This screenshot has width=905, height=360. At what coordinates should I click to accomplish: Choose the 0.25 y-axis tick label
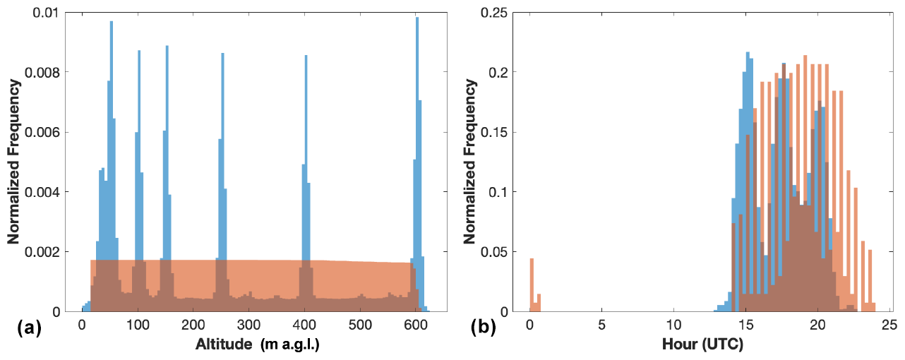(507, 13)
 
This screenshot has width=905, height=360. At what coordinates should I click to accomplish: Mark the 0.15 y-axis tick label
(507, 132)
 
